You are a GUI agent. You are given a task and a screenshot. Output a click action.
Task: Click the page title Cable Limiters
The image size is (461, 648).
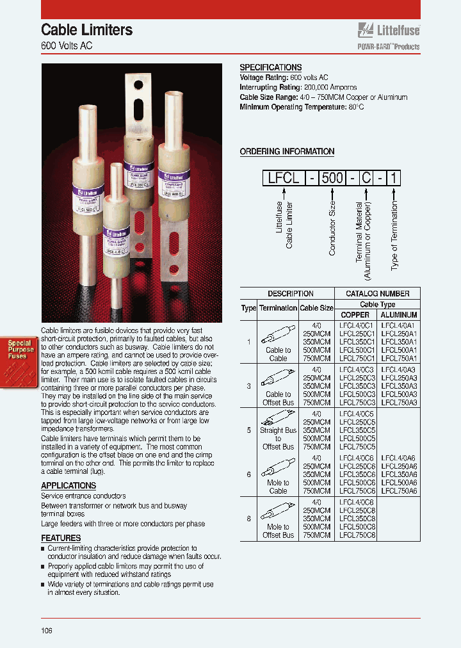point(87,29)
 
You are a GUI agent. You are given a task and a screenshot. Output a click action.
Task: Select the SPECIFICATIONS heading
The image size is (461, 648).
point(270,67)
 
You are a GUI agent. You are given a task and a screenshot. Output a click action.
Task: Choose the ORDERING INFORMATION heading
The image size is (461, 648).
point(287,152)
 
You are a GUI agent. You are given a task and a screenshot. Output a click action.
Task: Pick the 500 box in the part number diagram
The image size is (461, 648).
point(332,177)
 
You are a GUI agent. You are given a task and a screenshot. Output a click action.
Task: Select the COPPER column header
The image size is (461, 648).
point(355,314)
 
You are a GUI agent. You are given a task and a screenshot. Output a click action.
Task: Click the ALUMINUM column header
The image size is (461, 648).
point(398,314)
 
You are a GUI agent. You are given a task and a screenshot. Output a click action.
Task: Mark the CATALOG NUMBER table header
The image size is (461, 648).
point(378,293)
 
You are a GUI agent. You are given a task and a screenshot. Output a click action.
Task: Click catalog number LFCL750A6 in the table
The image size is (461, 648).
point(399,491)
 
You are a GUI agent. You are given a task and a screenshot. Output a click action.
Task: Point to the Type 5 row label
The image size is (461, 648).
point(248,430)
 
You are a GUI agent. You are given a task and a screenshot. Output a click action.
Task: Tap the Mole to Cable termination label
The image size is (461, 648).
point(278,487)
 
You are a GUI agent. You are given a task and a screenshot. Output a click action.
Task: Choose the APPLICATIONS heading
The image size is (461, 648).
point(69,485)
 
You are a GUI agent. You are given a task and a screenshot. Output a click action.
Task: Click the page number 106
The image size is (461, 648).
point(47,630)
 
